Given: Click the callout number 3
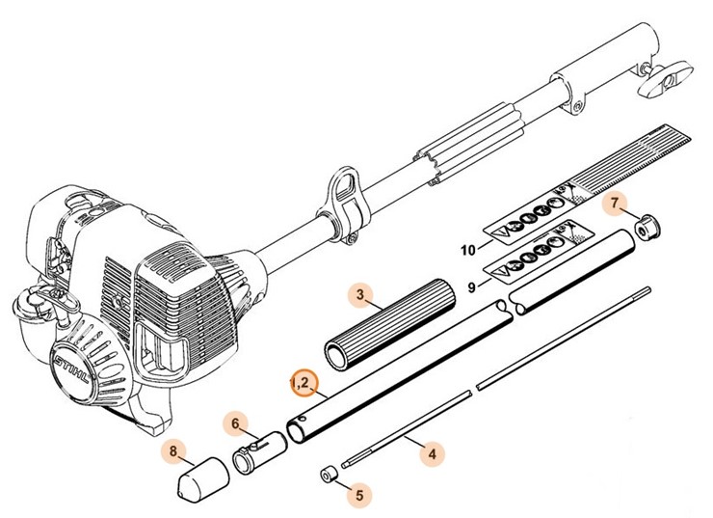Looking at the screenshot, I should [x=359, y=294].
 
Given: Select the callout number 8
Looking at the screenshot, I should [x=173, y=450].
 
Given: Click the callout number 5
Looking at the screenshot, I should [x=359, y=497].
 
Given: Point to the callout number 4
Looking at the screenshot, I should [x=432, y=450].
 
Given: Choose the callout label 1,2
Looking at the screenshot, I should [x=303, y=383].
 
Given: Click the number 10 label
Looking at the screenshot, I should [x=468, y=250].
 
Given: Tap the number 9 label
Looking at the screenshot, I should [x=471, y=286].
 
